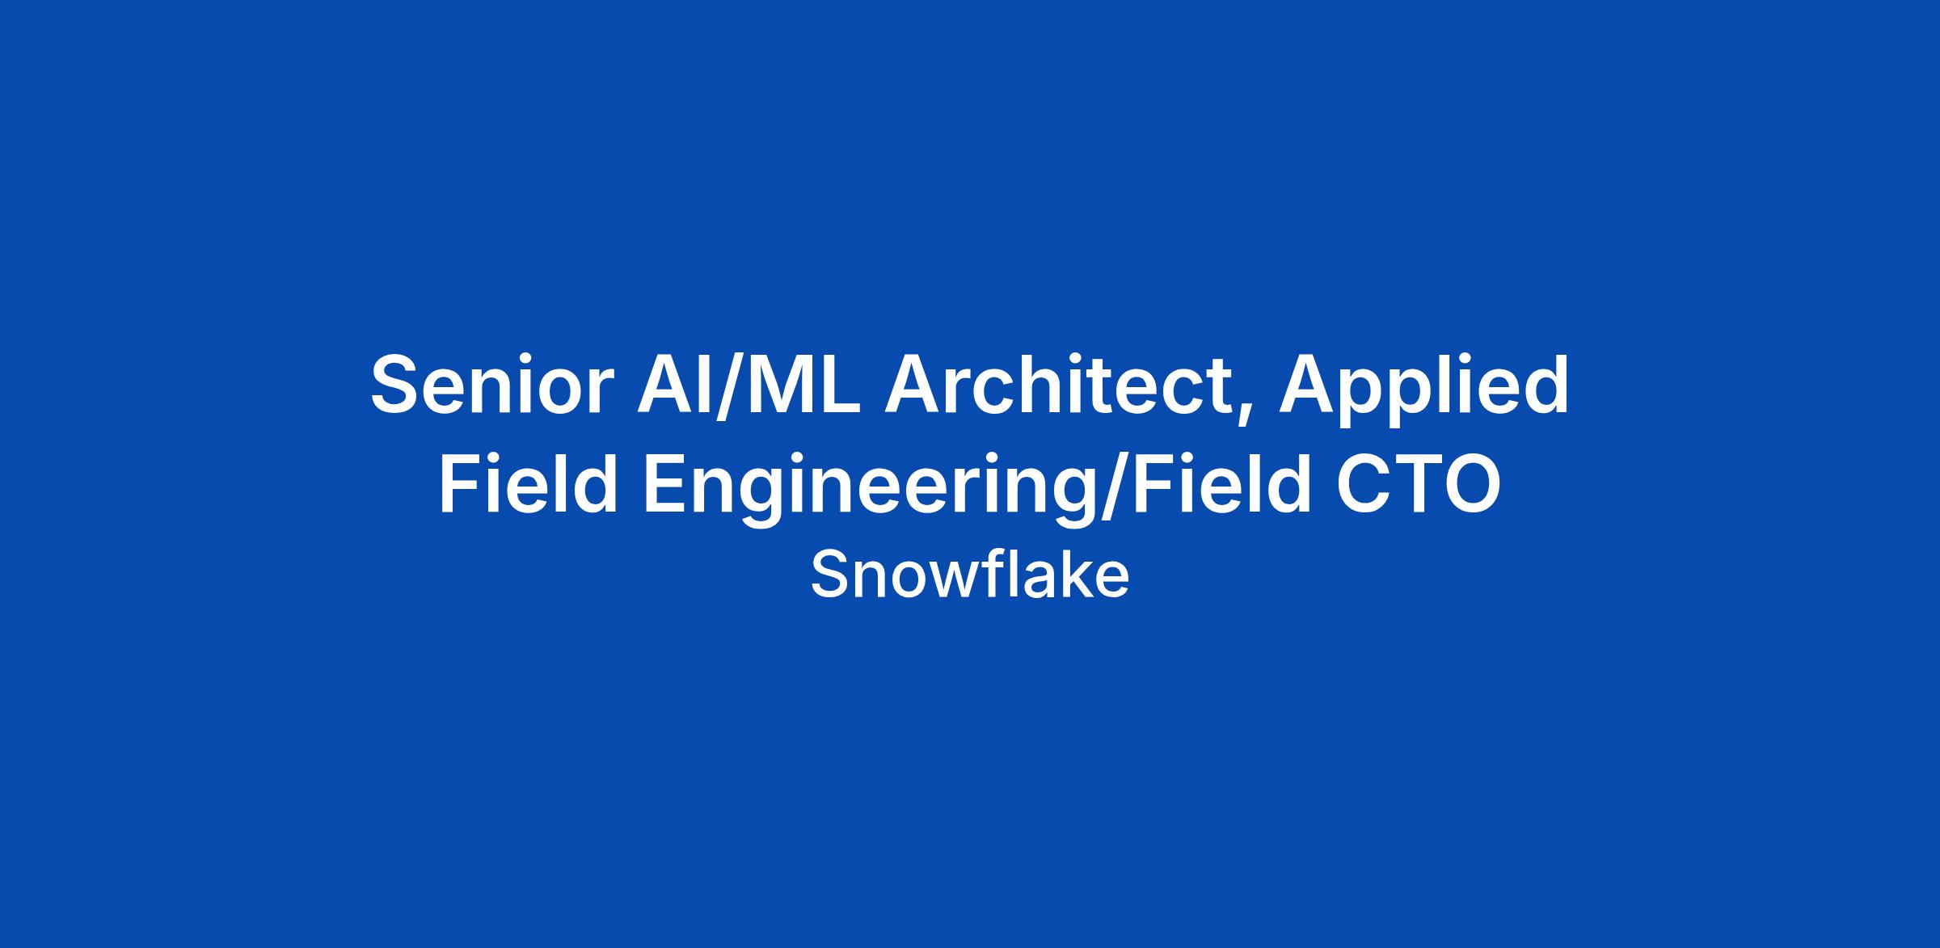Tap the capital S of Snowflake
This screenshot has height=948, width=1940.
pyautogui.click(x=830, y=575)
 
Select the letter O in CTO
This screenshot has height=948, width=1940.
pyautogui.click(x=1470, y=483)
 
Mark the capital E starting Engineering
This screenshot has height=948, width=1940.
pyautogui.click(x=666, y=483)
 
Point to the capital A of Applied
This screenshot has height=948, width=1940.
pyautogui.click(x=1309, y=385)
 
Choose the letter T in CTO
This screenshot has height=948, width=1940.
pyautogui.click(x=1411, y=483)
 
